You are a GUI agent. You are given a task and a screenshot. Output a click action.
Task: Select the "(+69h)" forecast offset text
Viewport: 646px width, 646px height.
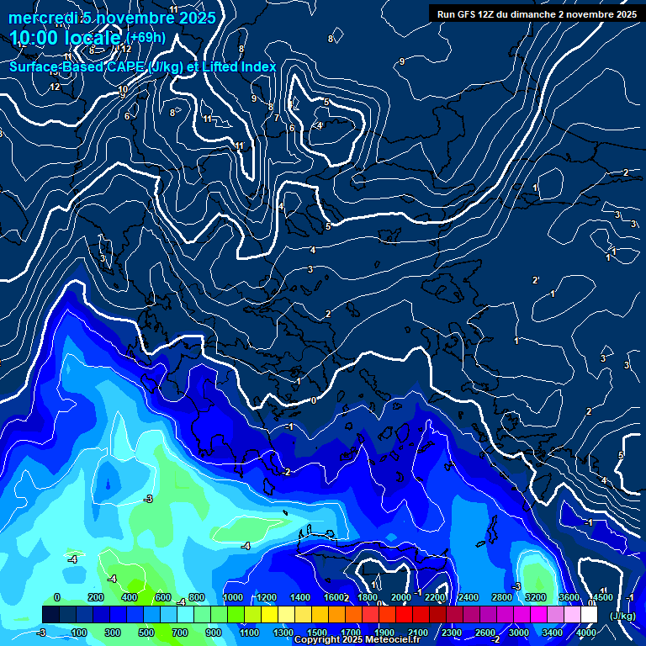click(x=146, y=38)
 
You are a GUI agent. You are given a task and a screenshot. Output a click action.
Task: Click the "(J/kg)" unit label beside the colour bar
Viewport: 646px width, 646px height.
click(x=622, y=616)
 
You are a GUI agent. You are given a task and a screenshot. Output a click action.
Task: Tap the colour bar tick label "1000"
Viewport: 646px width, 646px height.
click(x=233, y=597)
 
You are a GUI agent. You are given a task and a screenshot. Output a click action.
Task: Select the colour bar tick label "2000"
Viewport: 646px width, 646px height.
click(x=401, y=597)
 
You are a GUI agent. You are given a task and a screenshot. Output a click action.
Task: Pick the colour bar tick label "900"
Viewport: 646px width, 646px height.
click(x=213, y=633)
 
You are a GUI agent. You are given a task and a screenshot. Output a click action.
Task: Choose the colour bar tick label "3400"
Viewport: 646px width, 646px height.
click(x=553, y=633)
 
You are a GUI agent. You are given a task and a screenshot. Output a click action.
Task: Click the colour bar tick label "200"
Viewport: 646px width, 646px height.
click(x=95, y=597)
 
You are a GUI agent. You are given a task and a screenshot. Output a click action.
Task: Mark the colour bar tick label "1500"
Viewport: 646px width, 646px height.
click(x=317, y=633)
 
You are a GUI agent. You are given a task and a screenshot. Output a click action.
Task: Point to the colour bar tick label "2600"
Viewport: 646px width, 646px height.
click(x=485, y=633)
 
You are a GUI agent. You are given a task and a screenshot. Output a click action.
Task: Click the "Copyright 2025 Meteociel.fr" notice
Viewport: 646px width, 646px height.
click(x=357, y=640)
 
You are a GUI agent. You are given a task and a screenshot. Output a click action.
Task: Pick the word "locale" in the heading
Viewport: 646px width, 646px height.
click(x=92, y=39)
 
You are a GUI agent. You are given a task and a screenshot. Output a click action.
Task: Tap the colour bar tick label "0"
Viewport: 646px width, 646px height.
click(x=56, y=597)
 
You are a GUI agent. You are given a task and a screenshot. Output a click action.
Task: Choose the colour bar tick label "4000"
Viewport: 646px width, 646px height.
click(x=586, y=633)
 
